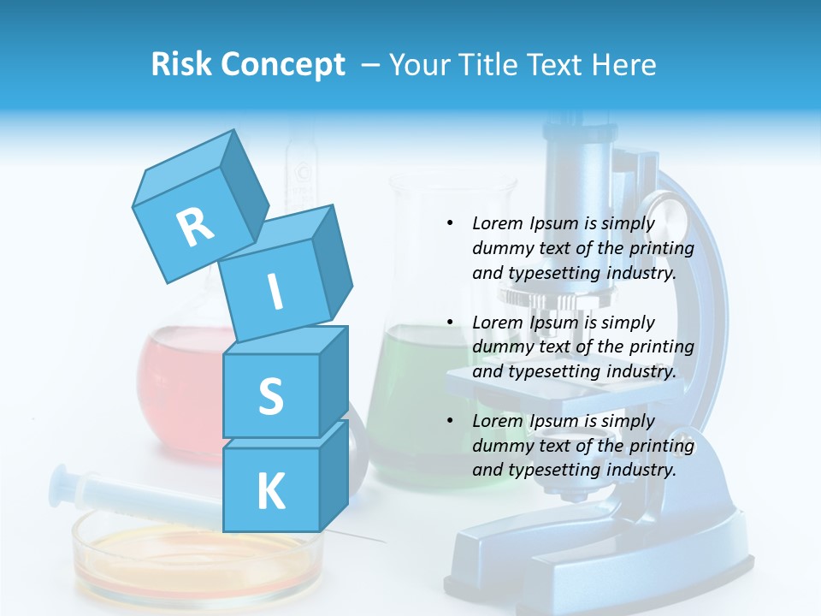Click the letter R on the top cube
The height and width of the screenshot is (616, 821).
(x=195, y=227)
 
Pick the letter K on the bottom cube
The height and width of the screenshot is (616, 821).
(x=270, y=492)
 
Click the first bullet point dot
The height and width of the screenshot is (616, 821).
(x=450, y=223)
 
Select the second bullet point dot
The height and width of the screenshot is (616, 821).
(x=450, y=323)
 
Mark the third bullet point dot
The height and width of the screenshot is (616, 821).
(x=450, y=421)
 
